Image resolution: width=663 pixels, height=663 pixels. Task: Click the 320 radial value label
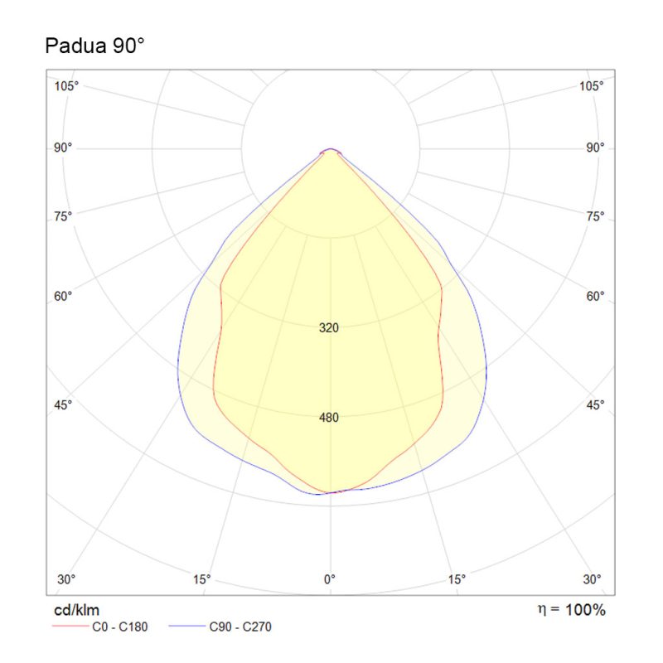[329, 328]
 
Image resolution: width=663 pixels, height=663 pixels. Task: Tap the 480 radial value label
[329, 418]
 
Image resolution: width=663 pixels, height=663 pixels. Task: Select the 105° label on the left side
[67, 86]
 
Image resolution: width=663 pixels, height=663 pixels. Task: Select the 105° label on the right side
[591, 86]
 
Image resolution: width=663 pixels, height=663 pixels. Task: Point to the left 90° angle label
[65, 148]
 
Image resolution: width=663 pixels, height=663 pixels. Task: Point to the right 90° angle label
[594, 148]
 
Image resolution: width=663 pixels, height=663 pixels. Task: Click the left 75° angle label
[65, 216]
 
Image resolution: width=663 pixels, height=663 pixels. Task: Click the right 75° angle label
[594, 216]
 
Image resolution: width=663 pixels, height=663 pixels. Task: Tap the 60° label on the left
[65, 296]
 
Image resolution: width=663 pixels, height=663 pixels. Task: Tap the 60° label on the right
[594, 296]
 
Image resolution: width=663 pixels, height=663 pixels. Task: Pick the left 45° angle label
[65, 404]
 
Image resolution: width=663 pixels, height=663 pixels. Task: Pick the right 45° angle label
[594, 404]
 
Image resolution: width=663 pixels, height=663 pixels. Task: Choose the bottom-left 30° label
[67, 578]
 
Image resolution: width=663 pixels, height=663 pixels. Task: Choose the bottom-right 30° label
[592, 578]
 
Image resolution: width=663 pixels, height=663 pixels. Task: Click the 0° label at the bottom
[330, 578]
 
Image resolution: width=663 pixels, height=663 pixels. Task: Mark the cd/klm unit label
[77, 610]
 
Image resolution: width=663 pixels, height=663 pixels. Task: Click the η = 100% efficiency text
[571, 610]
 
